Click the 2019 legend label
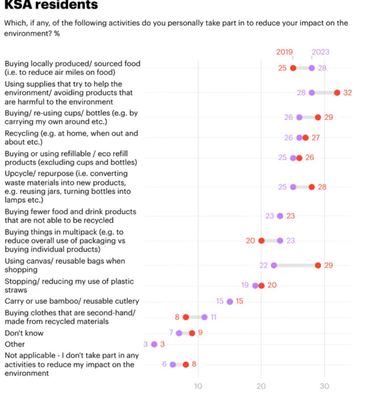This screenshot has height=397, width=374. click(284, 52)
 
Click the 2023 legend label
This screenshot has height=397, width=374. click(320, 52)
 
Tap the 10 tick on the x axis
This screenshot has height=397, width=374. click(198, 386)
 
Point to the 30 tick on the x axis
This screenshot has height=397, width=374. click(324, 386)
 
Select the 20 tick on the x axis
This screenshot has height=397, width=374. click(261, 386)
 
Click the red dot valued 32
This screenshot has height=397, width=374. click(337, 93)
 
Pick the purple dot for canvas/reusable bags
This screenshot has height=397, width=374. click(274, 265)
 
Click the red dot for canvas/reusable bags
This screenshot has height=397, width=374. click(318, 265)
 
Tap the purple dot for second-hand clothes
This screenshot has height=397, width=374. click(204, 317)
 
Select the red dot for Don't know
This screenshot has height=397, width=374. click(192, 333)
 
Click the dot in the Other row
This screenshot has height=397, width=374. click(154, 344)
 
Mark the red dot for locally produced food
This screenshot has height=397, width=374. click(293, 68)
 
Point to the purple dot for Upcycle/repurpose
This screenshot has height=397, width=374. click(293, 187)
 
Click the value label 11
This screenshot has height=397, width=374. click(213, 317)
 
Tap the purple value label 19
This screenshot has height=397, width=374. click(245, 285)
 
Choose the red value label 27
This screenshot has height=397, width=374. click(315, 137)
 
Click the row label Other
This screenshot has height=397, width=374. click(15, 344)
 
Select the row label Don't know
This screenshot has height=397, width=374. click(24, 333)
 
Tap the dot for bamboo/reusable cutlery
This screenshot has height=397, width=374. click(230, 302)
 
